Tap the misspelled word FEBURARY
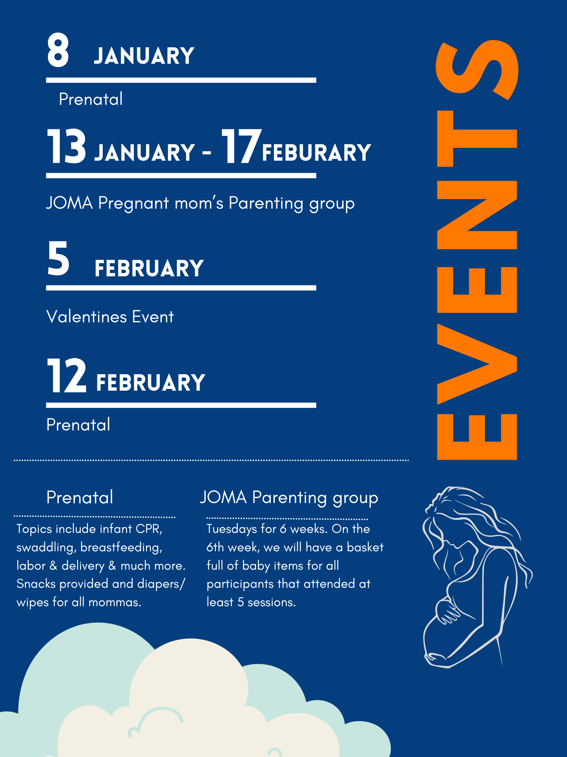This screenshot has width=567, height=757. pos(317,153)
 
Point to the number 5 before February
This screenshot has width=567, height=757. pos(58,258)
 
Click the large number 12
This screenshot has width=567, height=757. pos(67,376)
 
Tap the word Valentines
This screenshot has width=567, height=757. pos(87,316)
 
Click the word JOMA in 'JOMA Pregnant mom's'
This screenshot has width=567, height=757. pos(70,203)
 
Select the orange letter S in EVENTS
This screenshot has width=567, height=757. pos(477,70)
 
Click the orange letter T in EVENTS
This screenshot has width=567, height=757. pos(477,139)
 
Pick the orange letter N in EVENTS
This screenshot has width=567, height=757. pos(477,215)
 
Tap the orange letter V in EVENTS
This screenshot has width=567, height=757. pos(477,364)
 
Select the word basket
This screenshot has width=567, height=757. pos(365,547)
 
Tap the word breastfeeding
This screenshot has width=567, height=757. pos(121,548)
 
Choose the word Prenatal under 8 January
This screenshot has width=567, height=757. pos(91,99)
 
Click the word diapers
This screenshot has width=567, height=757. pos(159,584)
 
